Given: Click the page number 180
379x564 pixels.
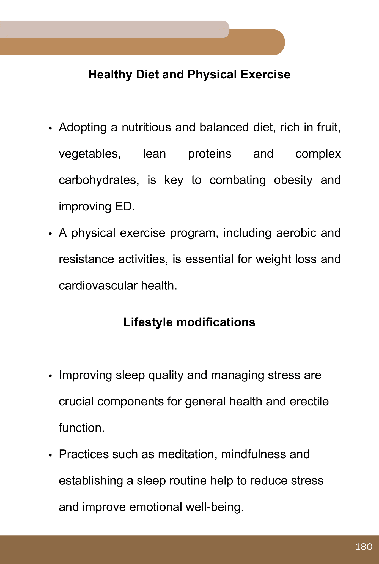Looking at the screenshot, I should point(364,547).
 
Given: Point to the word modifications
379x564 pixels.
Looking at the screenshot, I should point(216,322).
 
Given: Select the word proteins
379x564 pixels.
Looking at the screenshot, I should point(210,154).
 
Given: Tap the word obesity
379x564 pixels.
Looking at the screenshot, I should point(293,180).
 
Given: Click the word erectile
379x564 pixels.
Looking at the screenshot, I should point(309,402).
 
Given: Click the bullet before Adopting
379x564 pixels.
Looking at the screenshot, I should point(50,129).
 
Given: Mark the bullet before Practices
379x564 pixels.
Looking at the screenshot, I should point(50,455).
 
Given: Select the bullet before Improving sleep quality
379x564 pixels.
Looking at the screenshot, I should point(50,376).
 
